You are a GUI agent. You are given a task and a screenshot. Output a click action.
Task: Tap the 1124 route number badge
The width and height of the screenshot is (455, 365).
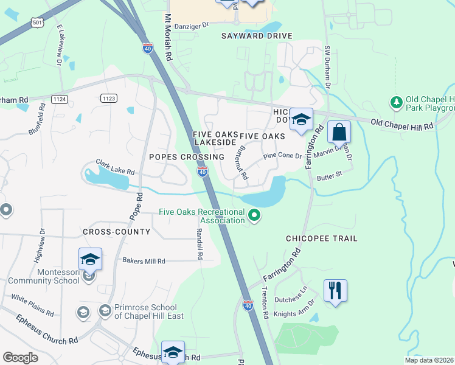point(58,98)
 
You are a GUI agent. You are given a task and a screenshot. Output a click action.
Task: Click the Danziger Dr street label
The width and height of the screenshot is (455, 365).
point(191,25)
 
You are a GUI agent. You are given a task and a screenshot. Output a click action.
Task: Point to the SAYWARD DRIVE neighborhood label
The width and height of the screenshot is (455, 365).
point(257,36)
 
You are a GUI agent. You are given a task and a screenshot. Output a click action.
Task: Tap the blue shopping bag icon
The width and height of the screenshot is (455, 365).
point(339,132)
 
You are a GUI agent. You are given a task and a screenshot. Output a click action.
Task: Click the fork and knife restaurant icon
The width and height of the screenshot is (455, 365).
point(335,290)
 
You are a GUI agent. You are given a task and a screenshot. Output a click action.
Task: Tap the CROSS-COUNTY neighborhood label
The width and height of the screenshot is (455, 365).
point(117,232)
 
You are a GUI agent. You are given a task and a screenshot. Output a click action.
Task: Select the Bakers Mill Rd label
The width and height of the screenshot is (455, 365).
point(144,261)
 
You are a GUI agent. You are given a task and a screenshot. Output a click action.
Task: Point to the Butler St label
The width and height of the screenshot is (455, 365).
point(331,179)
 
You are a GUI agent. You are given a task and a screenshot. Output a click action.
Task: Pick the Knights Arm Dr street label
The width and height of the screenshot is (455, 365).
point(294,308)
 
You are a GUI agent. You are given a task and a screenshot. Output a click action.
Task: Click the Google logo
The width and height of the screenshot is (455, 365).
point(21,357)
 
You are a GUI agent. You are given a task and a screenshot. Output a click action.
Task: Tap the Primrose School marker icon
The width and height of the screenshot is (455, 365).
point(105,311)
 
